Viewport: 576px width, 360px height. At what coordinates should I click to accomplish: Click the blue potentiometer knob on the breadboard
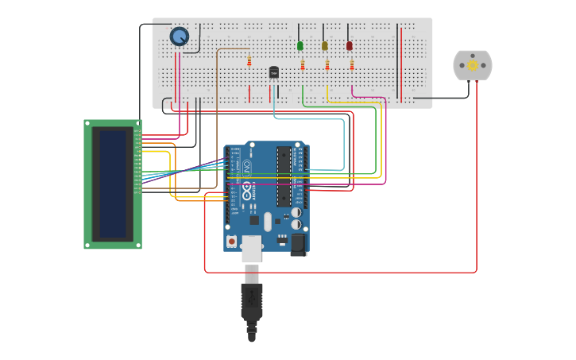pos(180,36)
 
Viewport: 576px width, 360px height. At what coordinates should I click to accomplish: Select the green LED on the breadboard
pos(300,46)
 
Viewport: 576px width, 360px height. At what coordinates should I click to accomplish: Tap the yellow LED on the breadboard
pos(324,46)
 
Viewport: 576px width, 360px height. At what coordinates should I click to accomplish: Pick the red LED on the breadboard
pos(349,46)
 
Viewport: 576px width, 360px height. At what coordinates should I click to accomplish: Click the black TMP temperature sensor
pos(274,73)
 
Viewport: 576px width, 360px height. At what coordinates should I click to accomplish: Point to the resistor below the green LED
pos(303,64)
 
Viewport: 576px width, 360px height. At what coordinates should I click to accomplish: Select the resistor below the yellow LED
pos(327,64)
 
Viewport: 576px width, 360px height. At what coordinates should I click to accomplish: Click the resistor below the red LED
pos(352,64)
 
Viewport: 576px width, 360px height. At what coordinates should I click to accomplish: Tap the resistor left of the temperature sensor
pos(249,60)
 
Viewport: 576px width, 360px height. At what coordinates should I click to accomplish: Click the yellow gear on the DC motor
pos(473,65)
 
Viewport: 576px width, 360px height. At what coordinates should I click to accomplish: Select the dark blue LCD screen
pos(113,184)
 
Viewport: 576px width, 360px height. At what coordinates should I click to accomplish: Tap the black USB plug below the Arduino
pos(252,302)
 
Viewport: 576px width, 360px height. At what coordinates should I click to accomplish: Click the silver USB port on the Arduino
pos(252,248)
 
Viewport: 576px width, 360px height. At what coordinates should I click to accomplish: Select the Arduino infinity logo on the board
pos(247,192)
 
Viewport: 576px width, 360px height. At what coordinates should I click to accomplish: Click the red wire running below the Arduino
pos(342,273)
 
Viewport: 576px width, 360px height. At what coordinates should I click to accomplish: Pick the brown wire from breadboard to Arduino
pos(217,119)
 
